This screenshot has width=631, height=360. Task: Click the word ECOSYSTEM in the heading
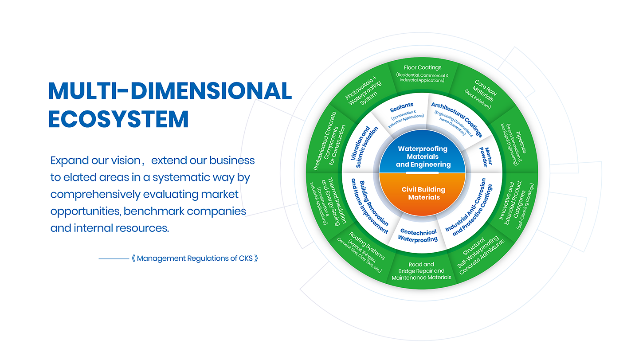[118, 119]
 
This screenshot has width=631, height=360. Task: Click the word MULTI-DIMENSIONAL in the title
[170, 91]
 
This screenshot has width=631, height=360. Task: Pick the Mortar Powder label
[486, 157]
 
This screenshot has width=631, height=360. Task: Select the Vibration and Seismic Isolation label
[364, 147]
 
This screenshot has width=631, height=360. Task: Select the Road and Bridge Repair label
[421, 271]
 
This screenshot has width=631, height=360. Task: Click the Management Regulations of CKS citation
[195, 258]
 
